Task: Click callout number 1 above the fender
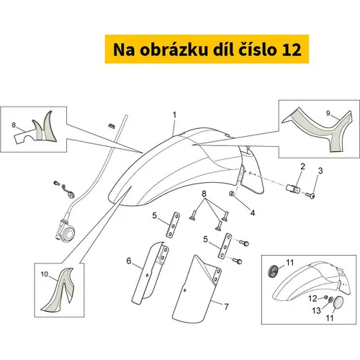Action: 174,115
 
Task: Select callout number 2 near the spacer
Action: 302,166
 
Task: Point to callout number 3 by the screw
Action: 320,171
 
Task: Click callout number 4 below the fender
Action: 253,212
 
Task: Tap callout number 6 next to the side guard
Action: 129,261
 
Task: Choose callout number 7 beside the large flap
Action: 226,307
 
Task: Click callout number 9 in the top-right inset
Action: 328,113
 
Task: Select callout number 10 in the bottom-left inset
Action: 45,274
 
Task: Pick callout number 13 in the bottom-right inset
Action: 316,311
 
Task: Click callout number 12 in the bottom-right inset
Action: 312,299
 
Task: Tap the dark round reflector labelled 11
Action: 273,271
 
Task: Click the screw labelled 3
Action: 310,195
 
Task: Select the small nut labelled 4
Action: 232,194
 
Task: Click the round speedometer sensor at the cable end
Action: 66,230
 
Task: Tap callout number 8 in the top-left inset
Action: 14,125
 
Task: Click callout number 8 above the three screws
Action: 204,194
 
